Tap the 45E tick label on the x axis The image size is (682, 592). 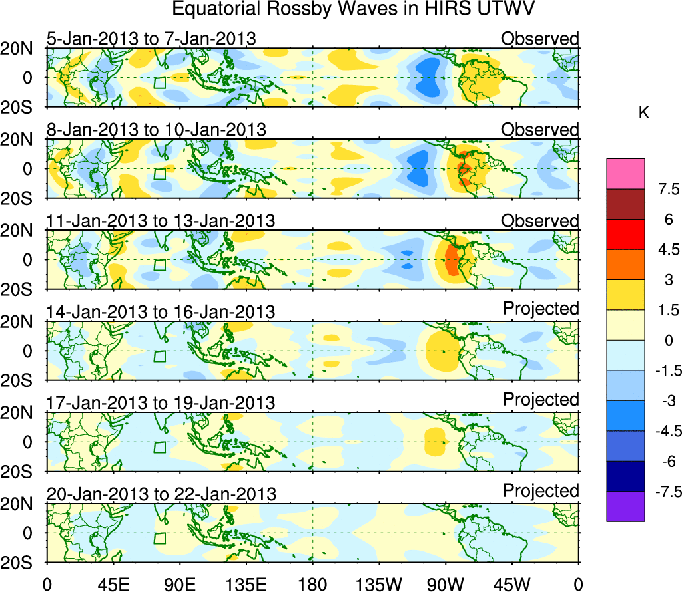(111, 583)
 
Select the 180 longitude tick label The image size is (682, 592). (312, 583)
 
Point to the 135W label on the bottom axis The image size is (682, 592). (379, 583)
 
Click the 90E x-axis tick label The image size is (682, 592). (178, 583)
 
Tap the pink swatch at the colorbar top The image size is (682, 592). (625, 174)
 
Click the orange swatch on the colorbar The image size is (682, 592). (625, 264)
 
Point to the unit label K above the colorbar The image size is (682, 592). (643, 113)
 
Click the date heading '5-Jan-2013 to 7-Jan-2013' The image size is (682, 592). (151, 39)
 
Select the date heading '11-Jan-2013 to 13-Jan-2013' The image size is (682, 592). (161, 220)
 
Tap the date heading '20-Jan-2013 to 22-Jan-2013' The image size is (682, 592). (161, 494)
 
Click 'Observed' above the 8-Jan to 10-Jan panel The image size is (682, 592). (539, 130)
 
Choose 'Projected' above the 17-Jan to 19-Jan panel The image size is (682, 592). (541, 399)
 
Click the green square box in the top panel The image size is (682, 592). (159, 83)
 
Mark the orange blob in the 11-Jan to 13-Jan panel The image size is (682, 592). (452, 259)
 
